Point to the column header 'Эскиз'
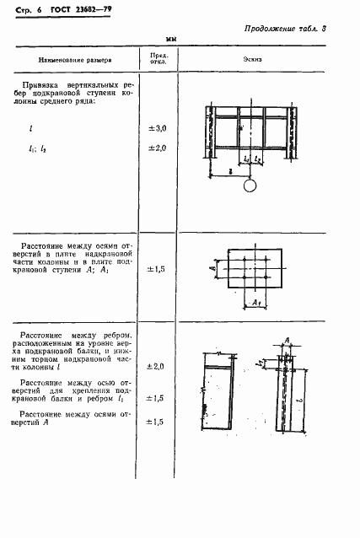point(250,61)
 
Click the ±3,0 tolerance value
point(158,127)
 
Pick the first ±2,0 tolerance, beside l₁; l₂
point(158,148)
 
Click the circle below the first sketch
point(250,187)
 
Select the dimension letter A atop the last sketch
point(287,340)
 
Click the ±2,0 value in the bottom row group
point(158,366)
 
